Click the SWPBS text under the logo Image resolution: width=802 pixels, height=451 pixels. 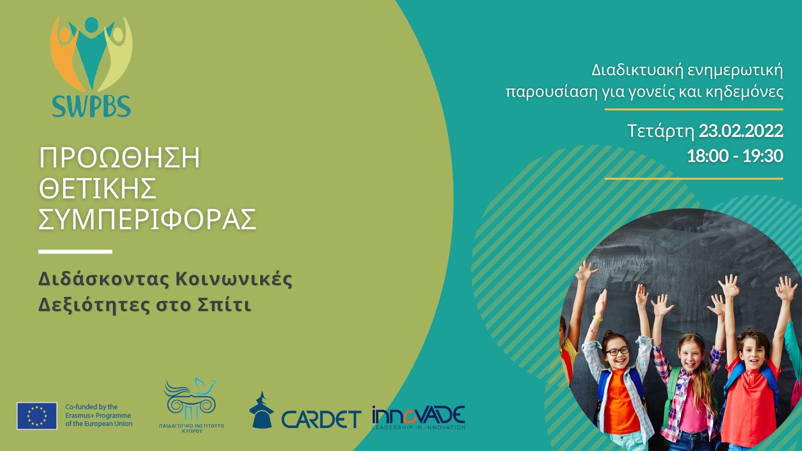click(91, 106)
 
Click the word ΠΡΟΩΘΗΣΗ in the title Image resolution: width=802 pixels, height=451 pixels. click(119, 158)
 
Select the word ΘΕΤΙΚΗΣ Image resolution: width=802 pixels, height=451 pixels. click(97, 188)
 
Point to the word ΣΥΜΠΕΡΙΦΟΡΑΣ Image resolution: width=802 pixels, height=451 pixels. click(147, 219)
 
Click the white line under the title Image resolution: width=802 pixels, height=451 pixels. click(75, 252)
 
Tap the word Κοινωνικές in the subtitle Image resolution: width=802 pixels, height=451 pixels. click(234, 280)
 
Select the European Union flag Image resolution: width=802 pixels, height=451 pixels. click(37, 416)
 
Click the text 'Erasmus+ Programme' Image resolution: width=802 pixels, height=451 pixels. click(98, 416)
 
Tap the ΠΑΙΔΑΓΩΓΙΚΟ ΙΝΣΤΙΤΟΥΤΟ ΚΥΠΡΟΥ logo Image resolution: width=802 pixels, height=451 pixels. click(192, 405)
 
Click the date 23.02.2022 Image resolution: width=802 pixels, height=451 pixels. click(741, 132)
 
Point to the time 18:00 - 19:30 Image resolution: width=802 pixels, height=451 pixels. click(735, 156)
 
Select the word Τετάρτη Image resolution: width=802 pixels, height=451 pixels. click(661, 132)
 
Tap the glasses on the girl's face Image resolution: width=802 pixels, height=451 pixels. click(617, 351)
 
